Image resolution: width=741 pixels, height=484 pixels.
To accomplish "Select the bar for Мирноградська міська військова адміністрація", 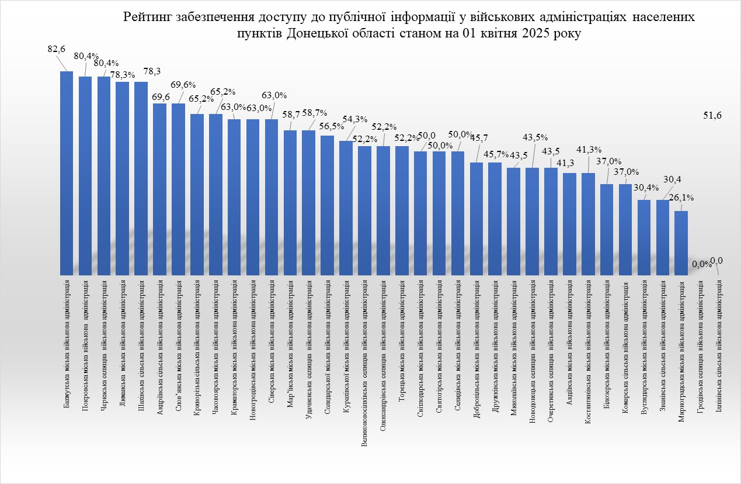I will (x=681, y=243).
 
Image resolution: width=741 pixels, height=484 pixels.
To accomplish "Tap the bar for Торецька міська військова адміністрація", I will (x=402, y=210).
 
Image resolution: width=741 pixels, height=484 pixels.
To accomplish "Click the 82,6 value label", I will (x=56, y=50).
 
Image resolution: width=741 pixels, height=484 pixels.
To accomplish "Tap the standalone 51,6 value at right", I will (x=713, y=116).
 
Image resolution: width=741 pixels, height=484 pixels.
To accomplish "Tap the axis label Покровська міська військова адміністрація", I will (x=86, y=340).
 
